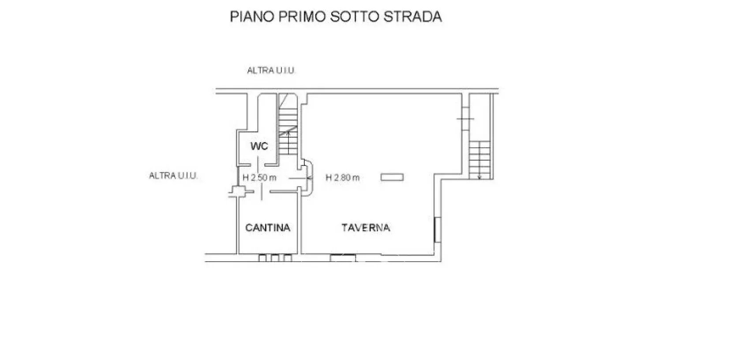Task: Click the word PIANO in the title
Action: (252, 17)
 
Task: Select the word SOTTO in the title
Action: (354, 17)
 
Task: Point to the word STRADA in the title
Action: (412, 17)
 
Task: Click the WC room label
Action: (259, 146)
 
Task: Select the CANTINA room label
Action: (268, 228)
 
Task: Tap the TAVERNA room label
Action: (366, 228)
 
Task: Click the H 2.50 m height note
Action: (259, 178)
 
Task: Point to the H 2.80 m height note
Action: (342, 178)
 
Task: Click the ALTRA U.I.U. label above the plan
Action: (271, 71)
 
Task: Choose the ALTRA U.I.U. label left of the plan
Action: (173, 176)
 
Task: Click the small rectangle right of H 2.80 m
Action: (392, 177)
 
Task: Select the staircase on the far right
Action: (480, 160)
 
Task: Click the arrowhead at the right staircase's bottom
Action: (480, 178)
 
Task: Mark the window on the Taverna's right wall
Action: (438, 229)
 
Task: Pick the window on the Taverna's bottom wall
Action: (343, 258)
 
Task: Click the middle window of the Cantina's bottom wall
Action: (275, 258)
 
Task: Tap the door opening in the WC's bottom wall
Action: (258, 165)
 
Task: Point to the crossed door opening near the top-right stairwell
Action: (465, 119)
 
